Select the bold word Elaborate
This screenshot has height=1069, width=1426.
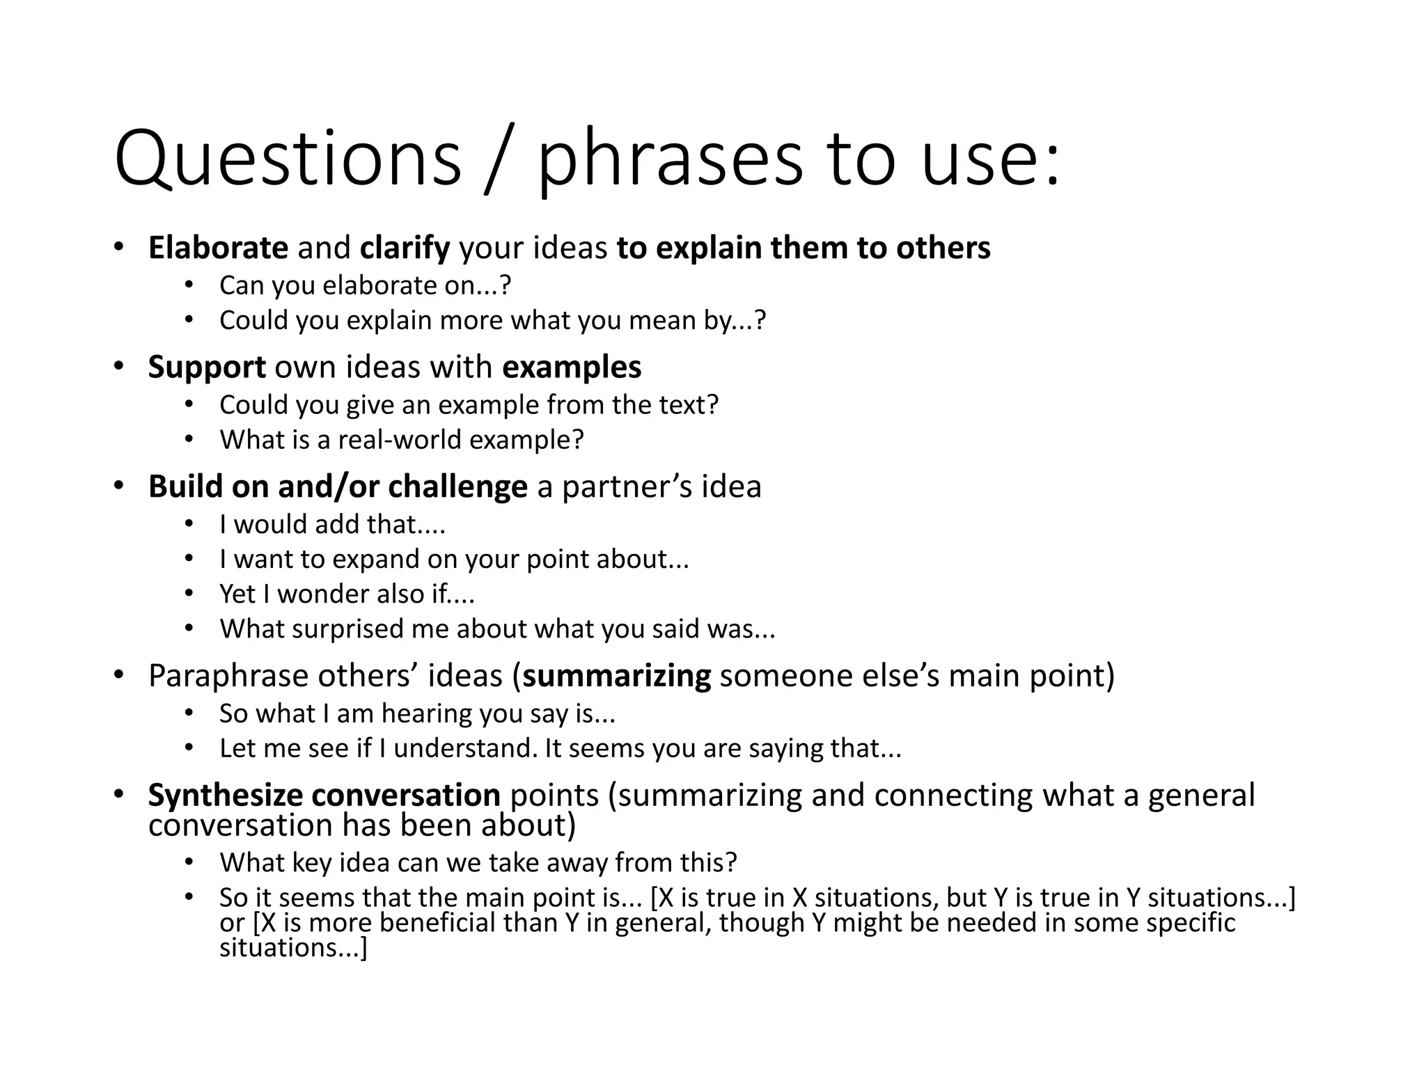pyautogui.click(x=218, y=248)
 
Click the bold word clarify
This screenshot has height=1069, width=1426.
pyautogui.click(x=405, y=248)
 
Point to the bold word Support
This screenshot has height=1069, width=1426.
pyautogui.click(x=207, y=367)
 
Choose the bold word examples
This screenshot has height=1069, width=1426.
pyautogui.click(x=571, y=367)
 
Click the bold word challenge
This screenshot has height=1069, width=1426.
pyautogui.click(x=457, y=486)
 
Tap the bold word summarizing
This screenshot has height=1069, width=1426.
pyautogui.click(x=616, y=676)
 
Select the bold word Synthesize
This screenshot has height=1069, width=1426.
pyautogui.click(x=225, y=795)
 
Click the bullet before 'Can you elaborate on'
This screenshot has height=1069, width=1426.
pyautogui.click(x=189, y=285)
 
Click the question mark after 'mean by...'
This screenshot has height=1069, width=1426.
pyautogui.click(x=760, y=320)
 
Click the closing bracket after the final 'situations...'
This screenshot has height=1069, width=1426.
pyautogui.click(x=363, y=949)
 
